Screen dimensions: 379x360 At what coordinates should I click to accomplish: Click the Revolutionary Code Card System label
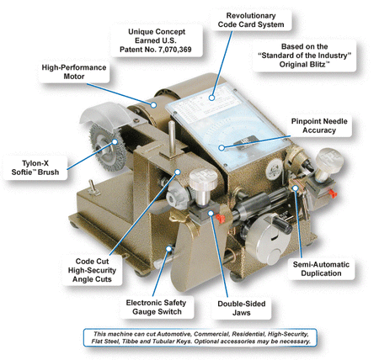[251, 20]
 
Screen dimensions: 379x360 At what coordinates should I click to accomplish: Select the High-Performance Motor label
[74, 71]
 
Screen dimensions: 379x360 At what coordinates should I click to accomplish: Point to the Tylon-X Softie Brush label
[35, 167]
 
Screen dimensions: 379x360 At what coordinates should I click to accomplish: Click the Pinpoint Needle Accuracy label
[319, 125]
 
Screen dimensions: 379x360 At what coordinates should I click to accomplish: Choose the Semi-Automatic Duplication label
[321, 269]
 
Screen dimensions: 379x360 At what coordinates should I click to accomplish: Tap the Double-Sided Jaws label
[242, 308]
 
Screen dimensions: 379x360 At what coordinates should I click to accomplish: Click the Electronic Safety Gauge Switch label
[157, 307]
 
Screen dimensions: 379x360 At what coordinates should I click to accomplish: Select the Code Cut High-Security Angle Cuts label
[92, 270]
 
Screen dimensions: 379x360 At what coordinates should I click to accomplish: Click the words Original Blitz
[302, 65]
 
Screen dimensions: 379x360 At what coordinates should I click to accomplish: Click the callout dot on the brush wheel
[115, 141]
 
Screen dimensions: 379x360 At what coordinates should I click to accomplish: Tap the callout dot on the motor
[153, 105]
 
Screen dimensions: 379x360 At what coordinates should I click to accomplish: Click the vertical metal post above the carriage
[172, 137]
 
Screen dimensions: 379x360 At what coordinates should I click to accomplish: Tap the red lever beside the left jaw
[220, 218]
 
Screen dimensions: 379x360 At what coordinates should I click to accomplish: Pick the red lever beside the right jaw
[334, 193]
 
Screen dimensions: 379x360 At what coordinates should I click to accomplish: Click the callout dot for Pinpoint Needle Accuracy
[222, 147]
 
